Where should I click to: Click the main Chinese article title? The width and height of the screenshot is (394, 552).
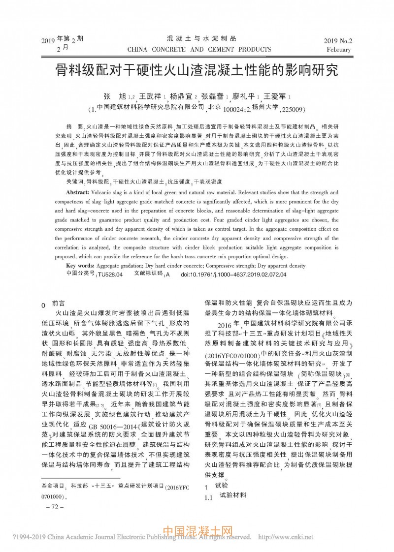(x=197, y=69)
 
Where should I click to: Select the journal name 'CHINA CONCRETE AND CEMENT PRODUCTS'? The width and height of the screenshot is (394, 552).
(x=199, y=50)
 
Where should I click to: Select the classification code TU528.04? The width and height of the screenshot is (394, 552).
(x=110, y=275)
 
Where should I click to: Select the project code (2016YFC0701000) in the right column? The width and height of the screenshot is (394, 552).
(x=232, y=355)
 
